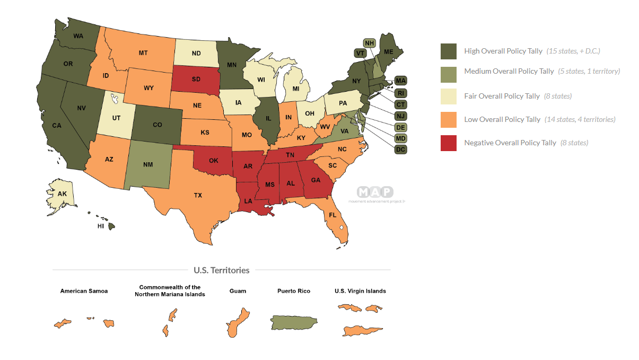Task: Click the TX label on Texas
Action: pos(198,195)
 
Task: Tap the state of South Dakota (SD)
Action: pos(196,80)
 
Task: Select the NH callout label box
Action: pos(370,42)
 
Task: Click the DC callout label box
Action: pos(401,150)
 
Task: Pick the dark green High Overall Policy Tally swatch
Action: pos(448,51)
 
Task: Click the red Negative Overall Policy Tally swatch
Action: pos(448,143)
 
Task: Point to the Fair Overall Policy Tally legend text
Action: pos(502,96)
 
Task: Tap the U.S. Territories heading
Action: pos(221,270)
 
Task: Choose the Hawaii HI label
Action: pos(100,226)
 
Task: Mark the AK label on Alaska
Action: pos(62,194)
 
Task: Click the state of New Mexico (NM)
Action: pos(148,164)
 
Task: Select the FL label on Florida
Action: pos(332,216)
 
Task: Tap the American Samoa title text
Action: pos(84,291)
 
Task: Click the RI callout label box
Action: pos(401,92)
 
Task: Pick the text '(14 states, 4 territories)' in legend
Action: pos(580,119)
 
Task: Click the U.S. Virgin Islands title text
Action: pos(360,291)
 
